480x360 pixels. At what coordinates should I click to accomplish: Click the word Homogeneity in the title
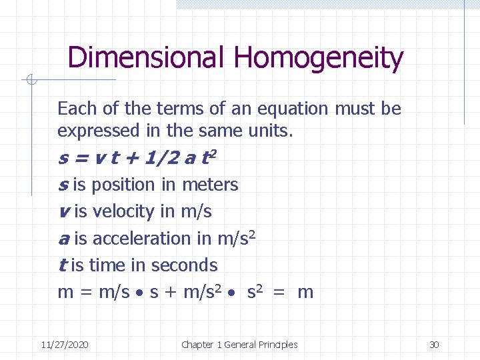click(x=318, y=59)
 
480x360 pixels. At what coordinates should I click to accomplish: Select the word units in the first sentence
click(x=271, y=131)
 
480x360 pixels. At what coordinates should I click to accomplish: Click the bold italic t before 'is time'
click(x=62, y=265)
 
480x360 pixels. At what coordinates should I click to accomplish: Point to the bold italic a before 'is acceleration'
click(x=64, y=239)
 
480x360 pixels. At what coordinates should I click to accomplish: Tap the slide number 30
click(x=434, y=345)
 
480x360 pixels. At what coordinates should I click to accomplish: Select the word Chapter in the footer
click(x=197, y=345)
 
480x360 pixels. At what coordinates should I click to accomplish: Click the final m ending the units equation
click(x=305, y=293)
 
